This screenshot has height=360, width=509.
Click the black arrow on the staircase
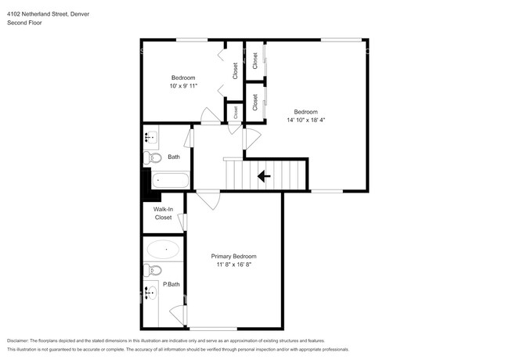(265, 176)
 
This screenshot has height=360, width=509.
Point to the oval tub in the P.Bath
(163, 251)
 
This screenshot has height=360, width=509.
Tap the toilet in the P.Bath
(153, 271)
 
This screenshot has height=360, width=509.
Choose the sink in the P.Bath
(150, 293)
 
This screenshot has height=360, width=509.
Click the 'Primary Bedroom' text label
(233, 256)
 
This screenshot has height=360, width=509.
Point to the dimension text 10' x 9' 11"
(183, 85)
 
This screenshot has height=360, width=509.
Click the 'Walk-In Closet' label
(162, 213)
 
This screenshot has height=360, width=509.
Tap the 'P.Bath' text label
(171, 284)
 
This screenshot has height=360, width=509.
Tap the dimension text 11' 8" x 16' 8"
(233, 265)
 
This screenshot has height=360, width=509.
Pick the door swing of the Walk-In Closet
(183, 222)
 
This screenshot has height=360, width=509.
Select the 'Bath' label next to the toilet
(173, 157)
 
